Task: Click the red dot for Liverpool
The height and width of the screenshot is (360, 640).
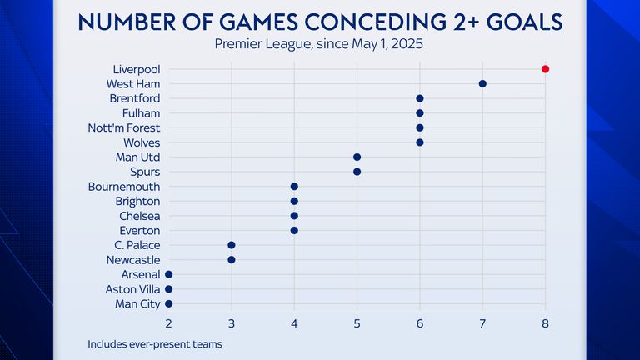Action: tap(545, 69)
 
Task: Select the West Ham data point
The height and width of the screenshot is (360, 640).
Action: tap(482, 83)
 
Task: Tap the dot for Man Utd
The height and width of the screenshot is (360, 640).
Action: tap(357, 157)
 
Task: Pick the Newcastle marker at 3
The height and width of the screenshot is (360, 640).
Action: tap(232, 260)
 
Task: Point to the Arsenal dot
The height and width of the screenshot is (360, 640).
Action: tap(169, 274)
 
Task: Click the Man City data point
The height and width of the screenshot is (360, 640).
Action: tap(169, 304)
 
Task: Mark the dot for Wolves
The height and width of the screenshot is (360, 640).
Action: tap(420, 142)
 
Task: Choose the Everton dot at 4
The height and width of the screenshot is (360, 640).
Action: tap(294, 231)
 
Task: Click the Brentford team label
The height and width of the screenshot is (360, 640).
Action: tap(134, 98)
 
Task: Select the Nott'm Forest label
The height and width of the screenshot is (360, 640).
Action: tap(124, 127)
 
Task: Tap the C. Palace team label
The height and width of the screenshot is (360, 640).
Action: tap(137, 245)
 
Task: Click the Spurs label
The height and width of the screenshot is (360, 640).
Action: tap(145, 172)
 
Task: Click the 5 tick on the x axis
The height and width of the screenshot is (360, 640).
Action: tap(357, 323)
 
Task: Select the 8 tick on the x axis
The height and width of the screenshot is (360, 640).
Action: tap(545, 323)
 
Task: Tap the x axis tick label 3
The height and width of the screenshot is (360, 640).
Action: tap(232, 323)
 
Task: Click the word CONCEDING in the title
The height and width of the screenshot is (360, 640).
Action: tap(357, 22)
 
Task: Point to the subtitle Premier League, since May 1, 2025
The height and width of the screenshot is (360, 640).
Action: tap(320, 44)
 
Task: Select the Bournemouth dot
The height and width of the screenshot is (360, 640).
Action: tap(294, 187)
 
